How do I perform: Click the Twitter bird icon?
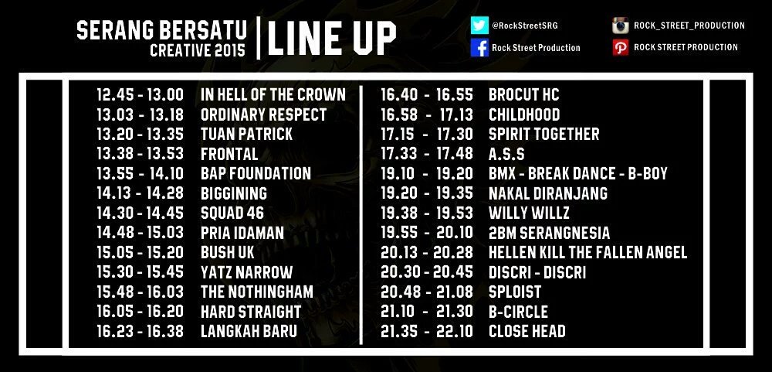tap(479, 26)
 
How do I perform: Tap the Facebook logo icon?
tap(479, 48)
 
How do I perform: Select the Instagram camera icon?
tap(619, 26)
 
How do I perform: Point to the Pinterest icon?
tap(619, 47)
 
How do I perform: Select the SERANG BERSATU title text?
tap(162, 29)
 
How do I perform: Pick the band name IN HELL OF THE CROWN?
tap(273, 94)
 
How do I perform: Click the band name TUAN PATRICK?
tap(246, 134)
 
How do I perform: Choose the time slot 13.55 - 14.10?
tap(140, 173)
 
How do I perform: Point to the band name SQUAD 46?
tap(232, 213)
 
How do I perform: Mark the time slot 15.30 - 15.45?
tap(140, 272)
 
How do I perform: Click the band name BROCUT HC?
tap(524, 94)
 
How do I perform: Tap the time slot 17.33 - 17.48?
tap(428, 154)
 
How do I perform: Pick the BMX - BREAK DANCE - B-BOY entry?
tap(578, 173)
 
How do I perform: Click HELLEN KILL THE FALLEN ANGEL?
tap(587, 252)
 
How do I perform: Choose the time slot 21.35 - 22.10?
tap(428, 331)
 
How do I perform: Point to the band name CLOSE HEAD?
tap(527, 331)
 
